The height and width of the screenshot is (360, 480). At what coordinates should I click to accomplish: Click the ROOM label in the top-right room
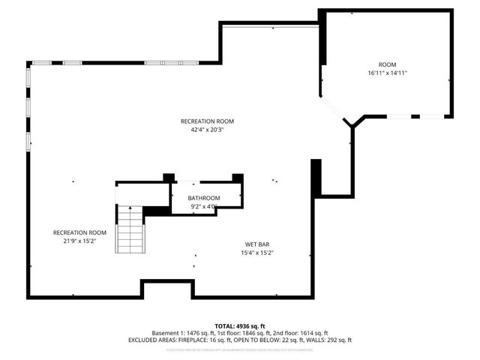(387, 64)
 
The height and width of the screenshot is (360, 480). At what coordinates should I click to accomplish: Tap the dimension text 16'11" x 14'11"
(387, 73)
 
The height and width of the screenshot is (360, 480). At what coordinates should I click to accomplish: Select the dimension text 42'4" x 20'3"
(207, 129)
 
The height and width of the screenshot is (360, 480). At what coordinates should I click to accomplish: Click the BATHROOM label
(204, 198)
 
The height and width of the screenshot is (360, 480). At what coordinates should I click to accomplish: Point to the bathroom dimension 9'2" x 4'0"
(204, 206)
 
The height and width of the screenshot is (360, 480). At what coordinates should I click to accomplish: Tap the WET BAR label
(256, 244)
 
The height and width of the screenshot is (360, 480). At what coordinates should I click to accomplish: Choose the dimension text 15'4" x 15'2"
(256, 253)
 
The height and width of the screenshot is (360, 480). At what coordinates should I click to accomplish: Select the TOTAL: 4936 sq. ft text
(240, 325)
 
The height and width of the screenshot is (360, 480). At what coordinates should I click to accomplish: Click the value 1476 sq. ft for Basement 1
(197, 333)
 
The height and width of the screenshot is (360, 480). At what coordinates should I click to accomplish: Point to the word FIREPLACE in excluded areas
(190, 340)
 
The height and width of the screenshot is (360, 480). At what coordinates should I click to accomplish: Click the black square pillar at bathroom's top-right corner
(238, 178)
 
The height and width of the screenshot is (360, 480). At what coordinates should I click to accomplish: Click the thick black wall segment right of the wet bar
(316, 177)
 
